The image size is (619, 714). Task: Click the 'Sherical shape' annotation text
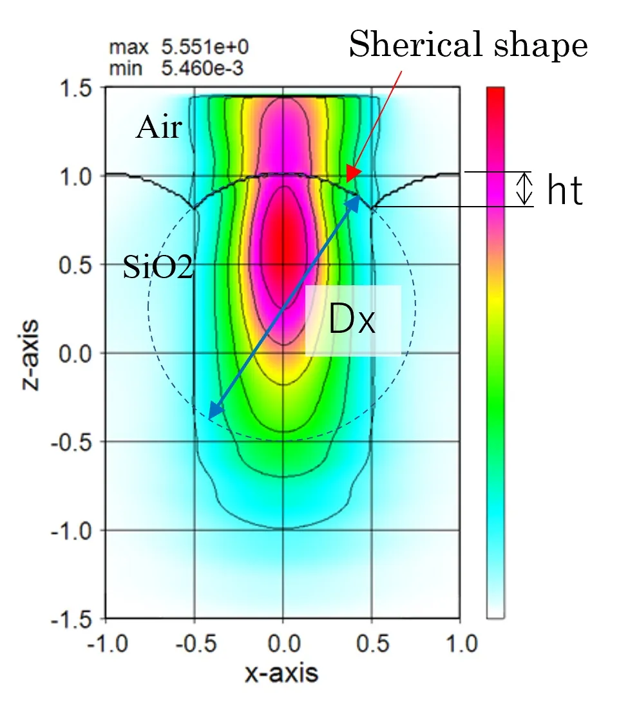(x=468, y=46)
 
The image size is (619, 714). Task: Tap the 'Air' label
(x=158, y=129)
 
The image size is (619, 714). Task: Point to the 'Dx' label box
(x=352, y=321)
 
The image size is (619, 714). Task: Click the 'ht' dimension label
(x=565, y=191)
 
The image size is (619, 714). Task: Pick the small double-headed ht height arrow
(x=526, y=189)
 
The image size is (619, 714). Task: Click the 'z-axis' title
(x=29, y=354)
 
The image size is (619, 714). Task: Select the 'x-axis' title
(x=281, y=673)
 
